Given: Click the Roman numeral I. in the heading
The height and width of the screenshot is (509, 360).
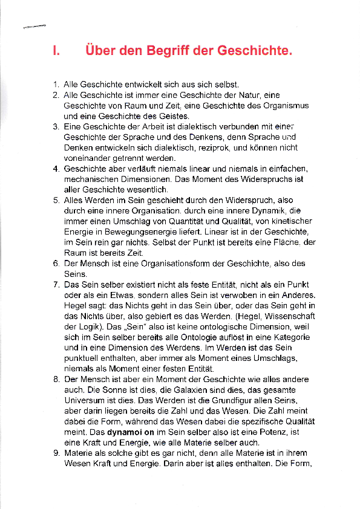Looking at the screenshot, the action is tap(56, 51).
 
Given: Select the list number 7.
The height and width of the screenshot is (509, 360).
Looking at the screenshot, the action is tap(55, 284).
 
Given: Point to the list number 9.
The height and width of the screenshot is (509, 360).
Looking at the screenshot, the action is tap(55, 454).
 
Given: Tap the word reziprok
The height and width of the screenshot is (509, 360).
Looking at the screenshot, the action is tap(215, 147).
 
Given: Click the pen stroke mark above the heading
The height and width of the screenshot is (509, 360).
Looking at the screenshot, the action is tap(34, 26).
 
